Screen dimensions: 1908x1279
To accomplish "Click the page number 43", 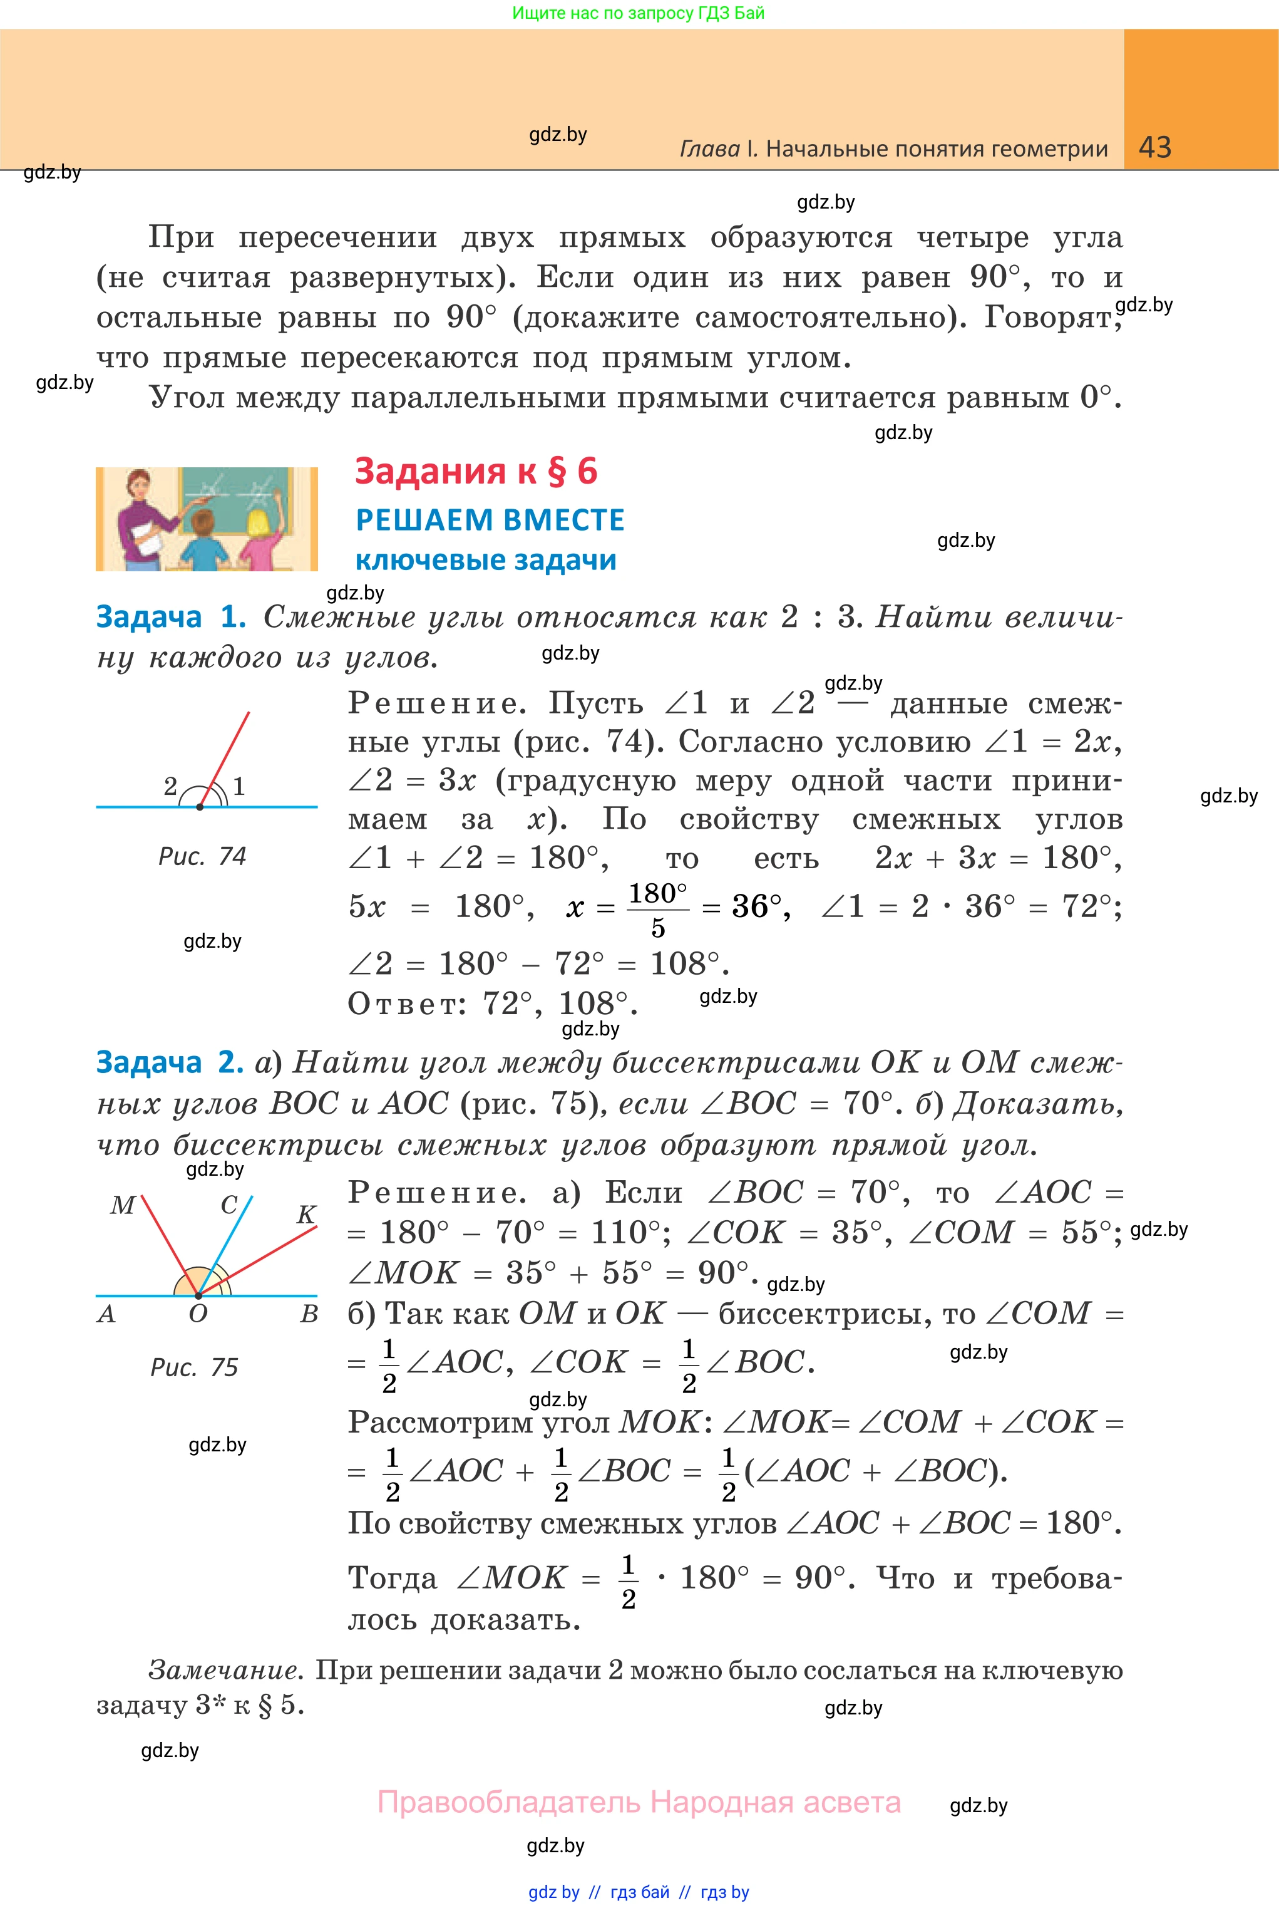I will coord(1154,147).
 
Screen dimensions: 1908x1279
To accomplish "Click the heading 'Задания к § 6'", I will coord(476,472).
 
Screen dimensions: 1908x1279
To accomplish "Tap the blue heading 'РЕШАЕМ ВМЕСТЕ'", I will coord(490,520).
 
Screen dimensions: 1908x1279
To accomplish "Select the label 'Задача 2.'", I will coord(170,1062).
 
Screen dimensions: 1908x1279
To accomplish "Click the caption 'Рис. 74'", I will coord(202,856).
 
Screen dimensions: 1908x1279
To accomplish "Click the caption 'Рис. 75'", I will coord(194,1367).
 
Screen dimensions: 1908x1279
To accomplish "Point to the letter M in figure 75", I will coord(122,1205).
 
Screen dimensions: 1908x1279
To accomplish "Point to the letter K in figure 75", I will coord(306,1215).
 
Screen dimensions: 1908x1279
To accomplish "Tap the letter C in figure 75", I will coord(229,1205).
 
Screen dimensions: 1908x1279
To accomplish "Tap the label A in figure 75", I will coord(106,1314).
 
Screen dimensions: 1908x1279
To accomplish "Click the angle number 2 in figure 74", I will coord(170,786).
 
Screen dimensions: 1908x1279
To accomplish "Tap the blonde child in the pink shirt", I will coord(259,539).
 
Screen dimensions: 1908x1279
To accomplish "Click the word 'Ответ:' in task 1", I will coord(406,1003).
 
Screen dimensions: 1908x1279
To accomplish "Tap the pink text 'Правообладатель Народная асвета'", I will coord(639,1802).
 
